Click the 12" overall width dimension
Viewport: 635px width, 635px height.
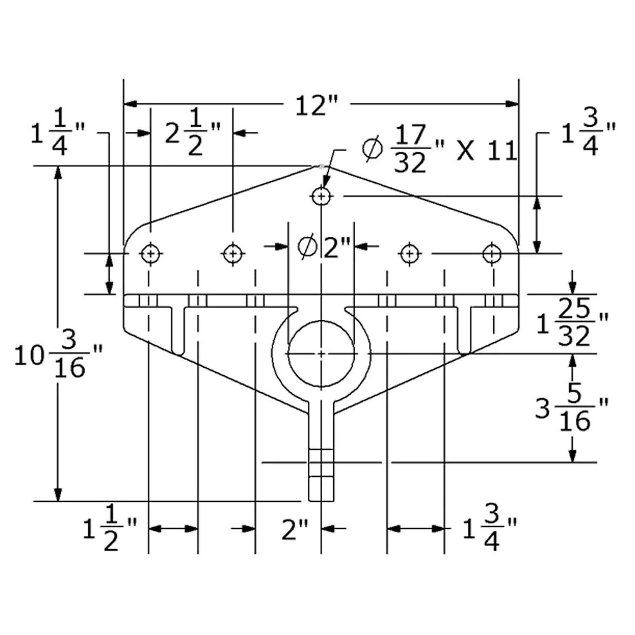[x=317, y=106]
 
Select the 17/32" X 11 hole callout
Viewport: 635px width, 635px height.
[x=439, y=148]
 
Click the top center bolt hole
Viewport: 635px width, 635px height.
[x=321, y=196]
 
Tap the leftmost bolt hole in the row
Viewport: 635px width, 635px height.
[x=151, y=254]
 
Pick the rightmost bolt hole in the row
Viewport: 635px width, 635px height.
[x=492, y=254]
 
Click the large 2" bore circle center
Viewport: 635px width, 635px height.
[x=321, y=353]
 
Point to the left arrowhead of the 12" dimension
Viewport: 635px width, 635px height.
[x=130, y=104]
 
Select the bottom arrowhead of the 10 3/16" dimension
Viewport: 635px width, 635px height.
[x=58, y=495]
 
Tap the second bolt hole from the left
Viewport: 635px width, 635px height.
[x=233, y=254]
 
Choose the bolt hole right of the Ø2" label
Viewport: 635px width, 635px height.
[x=410, y=254]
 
